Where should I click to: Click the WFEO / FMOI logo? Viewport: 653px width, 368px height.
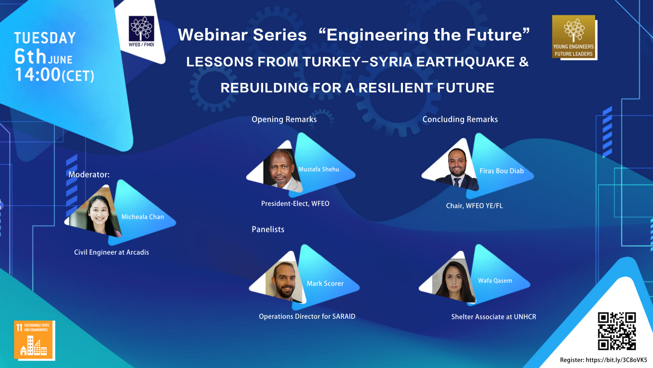141,31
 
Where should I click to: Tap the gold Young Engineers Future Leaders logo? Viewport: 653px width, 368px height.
573,37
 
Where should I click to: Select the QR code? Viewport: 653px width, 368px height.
616,331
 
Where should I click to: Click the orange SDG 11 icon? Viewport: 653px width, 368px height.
34,340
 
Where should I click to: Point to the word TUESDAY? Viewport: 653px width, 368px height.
45,38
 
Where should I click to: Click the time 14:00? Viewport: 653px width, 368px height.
38,75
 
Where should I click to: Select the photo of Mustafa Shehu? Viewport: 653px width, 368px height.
282,170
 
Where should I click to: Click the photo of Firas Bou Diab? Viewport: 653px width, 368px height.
457,169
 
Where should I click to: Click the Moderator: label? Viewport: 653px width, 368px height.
89,175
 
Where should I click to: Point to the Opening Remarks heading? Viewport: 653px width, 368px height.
284,119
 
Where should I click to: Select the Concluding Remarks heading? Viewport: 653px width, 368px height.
460,119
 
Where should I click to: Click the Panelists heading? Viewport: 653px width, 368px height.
268,230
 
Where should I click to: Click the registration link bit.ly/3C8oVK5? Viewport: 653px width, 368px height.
616,360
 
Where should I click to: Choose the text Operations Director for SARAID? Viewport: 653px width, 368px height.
307,316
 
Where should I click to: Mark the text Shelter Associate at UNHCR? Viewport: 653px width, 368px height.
493,317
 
